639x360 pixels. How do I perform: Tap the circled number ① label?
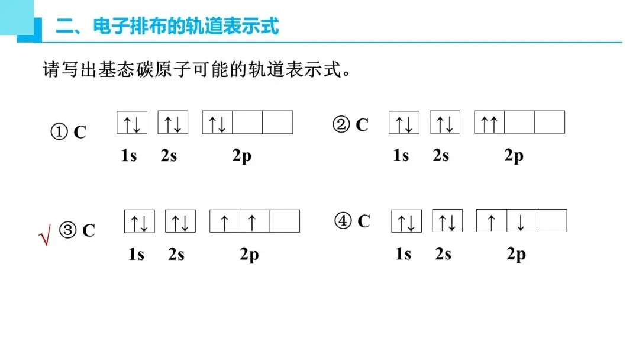[x=59, y=131]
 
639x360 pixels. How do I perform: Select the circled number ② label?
[x=341, y=125]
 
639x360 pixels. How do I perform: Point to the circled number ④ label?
[x=343, y=221]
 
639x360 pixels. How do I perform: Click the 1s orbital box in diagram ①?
[x=131, y=123]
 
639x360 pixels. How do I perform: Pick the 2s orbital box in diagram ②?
[x=444, y=123]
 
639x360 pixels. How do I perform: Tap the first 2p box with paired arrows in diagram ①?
[x=217, y=123]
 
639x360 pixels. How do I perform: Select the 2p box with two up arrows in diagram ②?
[x=489, y=123]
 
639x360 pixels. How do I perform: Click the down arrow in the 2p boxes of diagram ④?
[x=521, y=221]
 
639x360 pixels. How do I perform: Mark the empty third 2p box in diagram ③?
[x=285, y=221]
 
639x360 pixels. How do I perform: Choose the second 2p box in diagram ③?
[x=254, y=221]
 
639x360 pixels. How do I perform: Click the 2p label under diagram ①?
[x=241, y=156]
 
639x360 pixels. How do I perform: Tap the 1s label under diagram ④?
[x=403, y=254]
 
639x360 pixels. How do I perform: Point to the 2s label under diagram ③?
[x=176, y=255]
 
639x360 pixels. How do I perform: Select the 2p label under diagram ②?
[x=514, y=156]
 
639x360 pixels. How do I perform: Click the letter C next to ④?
[x=363, y=221]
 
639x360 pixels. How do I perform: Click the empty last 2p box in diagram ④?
[x=551, y=221]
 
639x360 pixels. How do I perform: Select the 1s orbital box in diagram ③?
[x=139, y=221]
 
